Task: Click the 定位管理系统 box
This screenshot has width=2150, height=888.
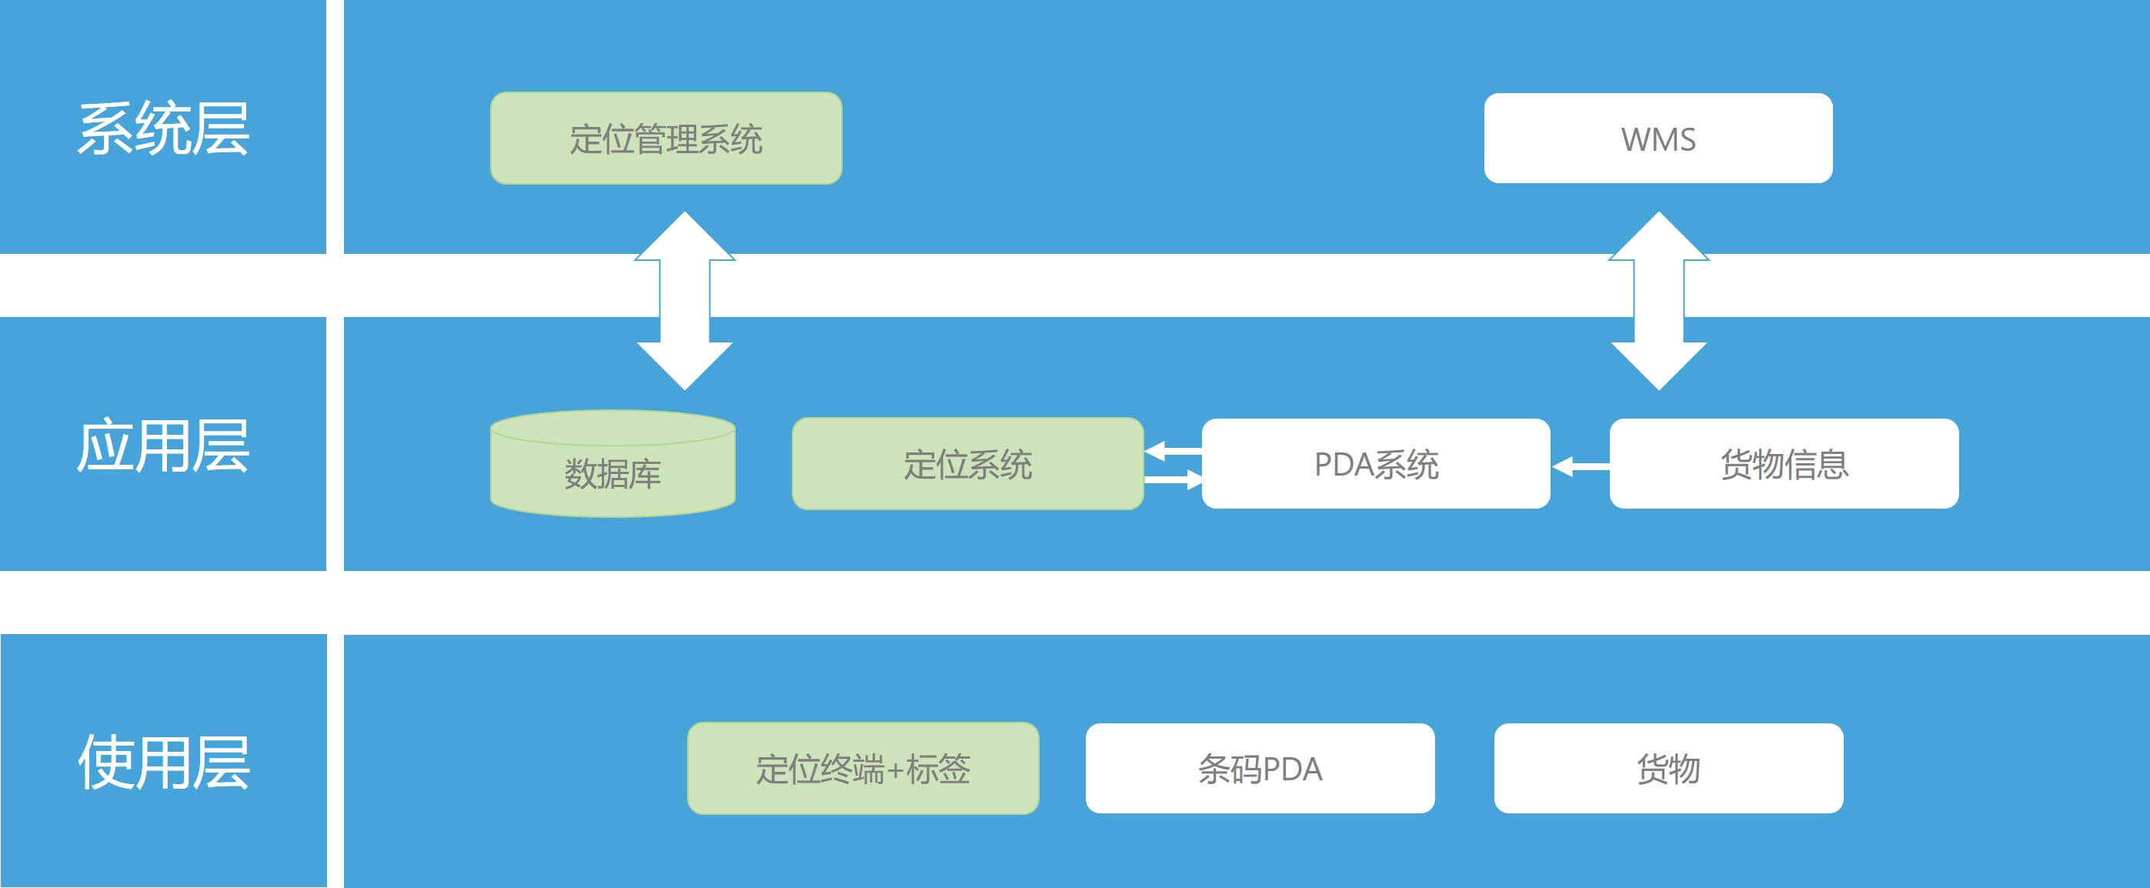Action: [x=665, y=139]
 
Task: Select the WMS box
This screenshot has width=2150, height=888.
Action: [x=1658, y=139]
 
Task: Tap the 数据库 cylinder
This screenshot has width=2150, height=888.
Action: [x=612, y=467]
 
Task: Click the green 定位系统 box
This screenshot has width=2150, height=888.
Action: [x=967, y=464]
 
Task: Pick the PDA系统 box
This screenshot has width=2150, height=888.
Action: [x=1375, y=464]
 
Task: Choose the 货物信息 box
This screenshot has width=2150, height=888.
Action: [x=1784, y=464]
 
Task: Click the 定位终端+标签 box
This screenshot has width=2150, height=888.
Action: [x=863, y=769]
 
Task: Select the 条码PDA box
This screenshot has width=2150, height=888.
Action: [x=1260, y=769]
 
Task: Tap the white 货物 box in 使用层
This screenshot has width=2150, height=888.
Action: [x=1668, y=769]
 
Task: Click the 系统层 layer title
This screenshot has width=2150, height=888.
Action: [x=164, y=129]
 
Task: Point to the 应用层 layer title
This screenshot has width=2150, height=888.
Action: [x=164, y=446]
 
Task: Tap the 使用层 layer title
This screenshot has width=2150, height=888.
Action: [x=164, y=762]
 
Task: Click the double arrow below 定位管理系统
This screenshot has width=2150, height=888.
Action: [x=684, y=300]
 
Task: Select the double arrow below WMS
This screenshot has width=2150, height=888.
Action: [x=1658, y=300]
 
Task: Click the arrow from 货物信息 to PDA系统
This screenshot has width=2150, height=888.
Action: [x=1580, y=466]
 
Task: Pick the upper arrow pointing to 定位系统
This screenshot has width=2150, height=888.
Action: [x=1173, y=452]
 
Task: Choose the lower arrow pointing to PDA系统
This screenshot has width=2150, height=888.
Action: [x=1173, y=480]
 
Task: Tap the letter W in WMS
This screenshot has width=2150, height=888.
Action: [x=1634, y=139]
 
